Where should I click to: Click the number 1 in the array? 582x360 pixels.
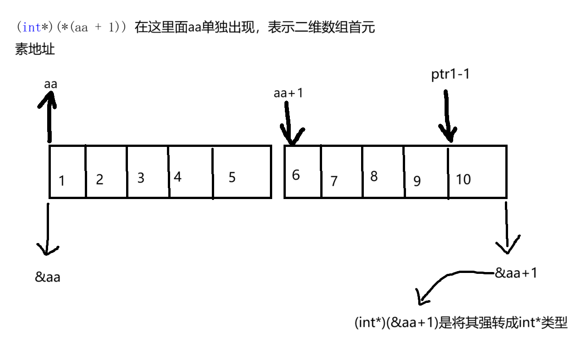pyautogui.click(x=62, y=180)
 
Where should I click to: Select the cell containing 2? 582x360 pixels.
pyautogui.click(x=100, y=180)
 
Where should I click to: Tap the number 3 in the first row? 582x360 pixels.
pyautogui.click(x=141, y=178)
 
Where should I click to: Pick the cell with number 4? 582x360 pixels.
pyautogui.click(x=178, y=177)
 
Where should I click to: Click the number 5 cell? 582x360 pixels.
pyautogui.click(x=232, y=177)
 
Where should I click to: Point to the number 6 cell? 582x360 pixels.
pyautogui.click(x=296, y=175)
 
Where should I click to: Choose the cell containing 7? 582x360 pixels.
pyautogui.click(x=334, y=181)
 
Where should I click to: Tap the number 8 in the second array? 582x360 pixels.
pyautogui.click(x=374, y=176)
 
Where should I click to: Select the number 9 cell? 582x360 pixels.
pyautogui.click(x=417, y=181)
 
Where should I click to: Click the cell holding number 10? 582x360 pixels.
pyautogui.click(x=463, y=180)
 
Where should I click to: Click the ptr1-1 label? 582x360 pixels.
pyautogui.click(x=450, y=75)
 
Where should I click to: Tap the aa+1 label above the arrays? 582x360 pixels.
pyautogui.click(x=288, y=93)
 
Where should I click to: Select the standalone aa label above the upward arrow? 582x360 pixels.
pyautogui.click(x=51, y=84)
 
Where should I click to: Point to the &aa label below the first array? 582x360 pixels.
pyautogui.click(x=48, y=277)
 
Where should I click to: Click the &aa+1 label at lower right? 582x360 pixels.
pyautogui.click(x=516, y=273)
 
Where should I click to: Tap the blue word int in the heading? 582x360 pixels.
pyautogui.click(x=31, y=27)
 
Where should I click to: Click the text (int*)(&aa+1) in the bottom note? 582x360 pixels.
pyautogui.click(x=397, y=323)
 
